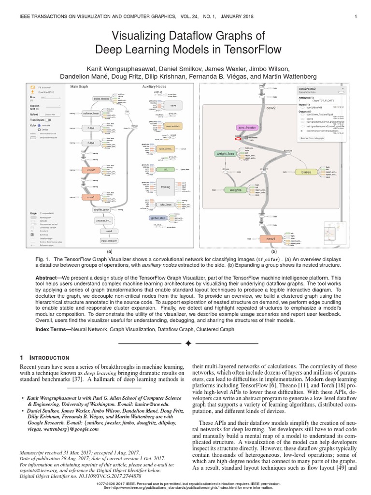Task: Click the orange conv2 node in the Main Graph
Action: point(90,170)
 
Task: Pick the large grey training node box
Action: point(166,186)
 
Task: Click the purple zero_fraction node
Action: point(247,128)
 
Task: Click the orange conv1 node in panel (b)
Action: point(271,239)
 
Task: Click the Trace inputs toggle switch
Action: point(48,119)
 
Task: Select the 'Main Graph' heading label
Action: point(79,87)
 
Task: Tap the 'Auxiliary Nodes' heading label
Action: point(154,87)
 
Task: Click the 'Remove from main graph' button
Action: point(314,138)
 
